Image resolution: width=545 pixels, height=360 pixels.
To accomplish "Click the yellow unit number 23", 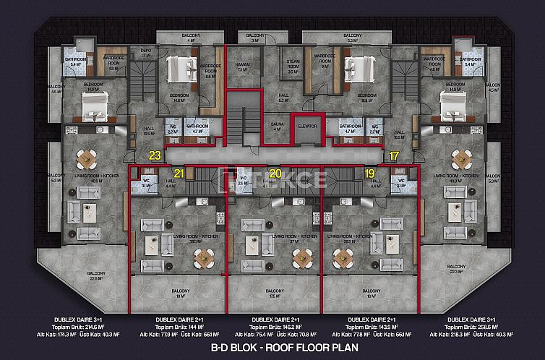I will coord(154,155).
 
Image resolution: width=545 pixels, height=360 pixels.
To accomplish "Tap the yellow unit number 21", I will coord(179,173).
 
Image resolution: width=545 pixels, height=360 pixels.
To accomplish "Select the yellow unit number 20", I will coord(274,173).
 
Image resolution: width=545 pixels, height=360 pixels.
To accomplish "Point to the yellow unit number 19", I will coord(369,173).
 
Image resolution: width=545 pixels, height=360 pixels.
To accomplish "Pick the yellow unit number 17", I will coord(393,155).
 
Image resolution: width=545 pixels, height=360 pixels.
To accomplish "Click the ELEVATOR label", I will coord(307,127).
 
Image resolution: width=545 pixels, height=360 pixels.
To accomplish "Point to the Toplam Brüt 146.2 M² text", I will coord(272,327).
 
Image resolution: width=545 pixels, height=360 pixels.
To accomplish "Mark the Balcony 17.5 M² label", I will coord(274,293).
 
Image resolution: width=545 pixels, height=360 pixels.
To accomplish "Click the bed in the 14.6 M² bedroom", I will coord(179,72).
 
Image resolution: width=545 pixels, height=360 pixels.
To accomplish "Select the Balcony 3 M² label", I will coord(254,37).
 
